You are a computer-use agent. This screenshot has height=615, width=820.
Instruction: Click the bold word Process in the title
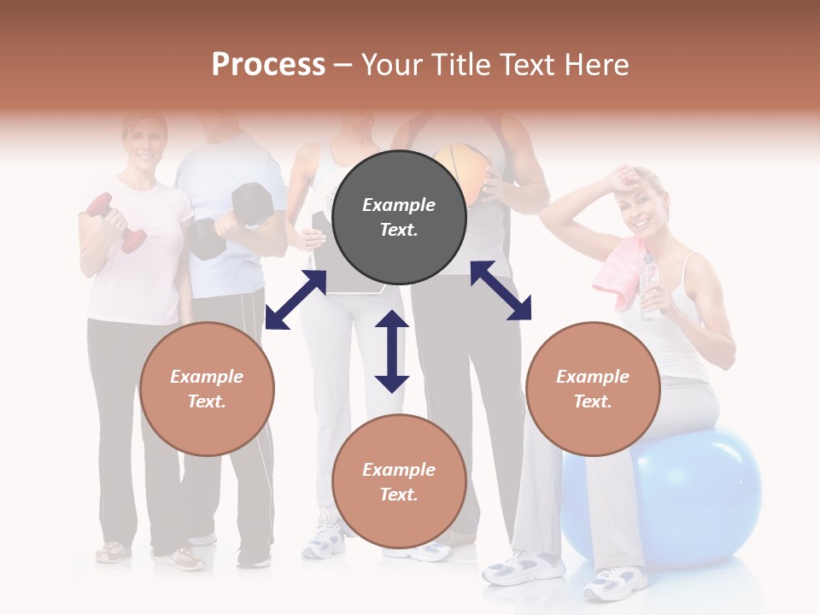click(268, 64)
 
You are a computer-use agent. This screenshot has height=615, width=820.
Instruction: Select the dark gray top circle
click(399, 218)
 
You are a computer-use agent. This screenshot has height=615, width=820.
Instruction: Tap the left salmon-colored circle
click(207, 389)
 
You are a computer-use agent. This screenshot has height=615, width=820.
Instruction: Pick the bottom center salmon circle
click(399, 482)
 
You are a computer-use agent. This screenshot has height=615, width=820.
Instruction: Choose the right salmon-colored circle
click(593, 389)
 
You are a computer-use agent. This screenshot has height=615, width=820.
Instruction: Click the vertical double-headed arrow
click(392, 351)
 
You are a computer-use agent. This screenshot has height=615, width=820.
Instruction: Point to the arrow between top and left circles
click(296, 300)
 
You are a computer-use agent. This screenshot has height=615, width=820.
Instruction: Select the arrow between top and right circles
click(501, 290)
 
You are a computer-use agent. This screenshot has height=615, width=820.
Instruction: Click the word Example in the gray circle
click(399, 205)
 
